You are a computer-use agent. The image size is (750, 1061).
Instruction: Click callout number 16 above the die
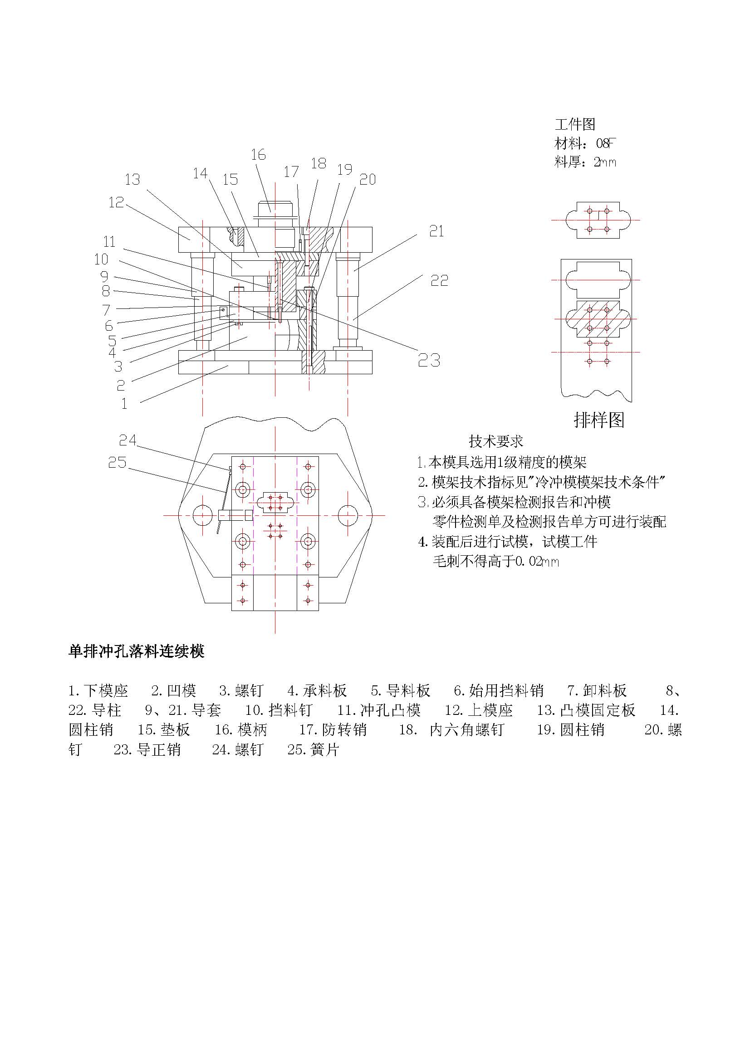pyautogui.click(x=258, y=155)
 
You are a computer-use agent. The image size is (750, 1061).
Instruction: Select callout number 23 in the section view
pyautogui.click(x=429, y=360)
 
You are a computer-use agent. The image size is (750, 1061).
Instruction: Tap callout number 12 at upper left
pyautogui.click(x=117, y=202)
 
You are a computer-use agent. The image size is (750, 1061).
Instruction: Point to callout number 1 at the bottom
pyautogui.click(x=124, y=403)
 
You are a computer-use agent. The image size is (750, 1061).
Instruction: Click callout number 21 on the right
pyautogui.click(x=436, y=231)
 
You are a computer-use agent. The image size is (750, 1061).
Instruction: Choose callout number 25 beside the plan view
pyautogui.click(x=117, y=463)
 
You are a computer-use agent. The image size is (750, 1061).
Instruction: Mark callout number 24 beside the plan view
pyautogui.click(x=127, y=440)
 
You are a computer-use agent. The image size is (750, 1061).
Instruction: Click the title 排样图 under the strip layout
pyautogui.click(x=599, y=420)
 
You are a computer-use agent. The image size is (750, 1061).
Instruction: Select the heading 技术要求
pyautogui.click(x=496, y=441)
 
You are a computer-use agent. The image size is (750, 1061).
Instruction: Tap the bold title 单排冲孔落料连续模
pyautogui.click(x=136, y=651)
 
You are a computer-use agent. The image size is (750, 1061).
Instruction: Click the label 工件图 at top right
pyautogui.click(x=575, y=124)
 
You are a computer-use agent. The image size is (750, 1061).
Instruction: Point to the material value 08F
pyautogui.click(x=606, y=144)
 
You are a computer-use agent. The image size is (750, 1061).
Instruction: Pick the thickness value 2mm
pyautogui.click(x=605, y=162)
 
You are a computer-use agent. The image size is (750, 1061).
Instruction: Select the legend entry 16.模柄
pyautogui.click(x=241, y=730)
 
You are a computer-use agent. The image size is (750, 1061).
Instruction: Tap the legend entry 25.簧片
pyautogui.click(x=314, y=749)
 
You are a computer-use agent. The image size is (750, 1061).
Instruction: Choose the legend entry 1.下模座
pyautogui.click(x=98, y=691)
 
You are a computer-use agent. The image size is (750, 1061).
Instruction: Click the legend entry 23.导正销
pyautogui.click(x=147, y=749)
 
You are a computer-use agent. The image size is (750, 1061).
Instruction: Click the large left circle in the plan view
pyautogui.click(x=202, y=515)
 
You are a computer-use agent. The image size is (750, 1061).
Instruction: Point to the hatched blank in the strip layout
pyautogui.click(x=598, y=319)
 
